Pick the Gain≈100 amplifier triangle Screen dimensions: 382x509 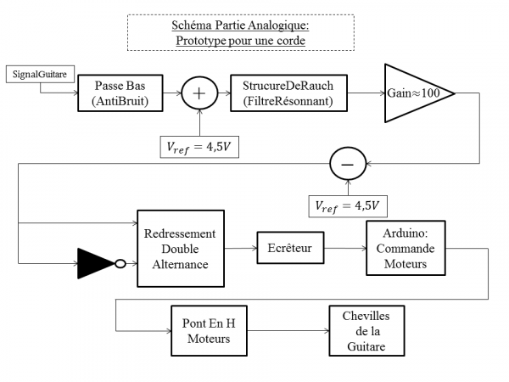click(x=415, y=93)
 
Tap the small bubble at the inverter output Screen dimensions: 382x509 click(x=120, y=263)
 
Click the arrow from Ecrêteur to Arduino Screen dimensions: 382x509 click(x=344, y=248)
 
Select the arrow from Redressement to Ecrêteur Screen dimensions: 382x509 click(x=241, y=248)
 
